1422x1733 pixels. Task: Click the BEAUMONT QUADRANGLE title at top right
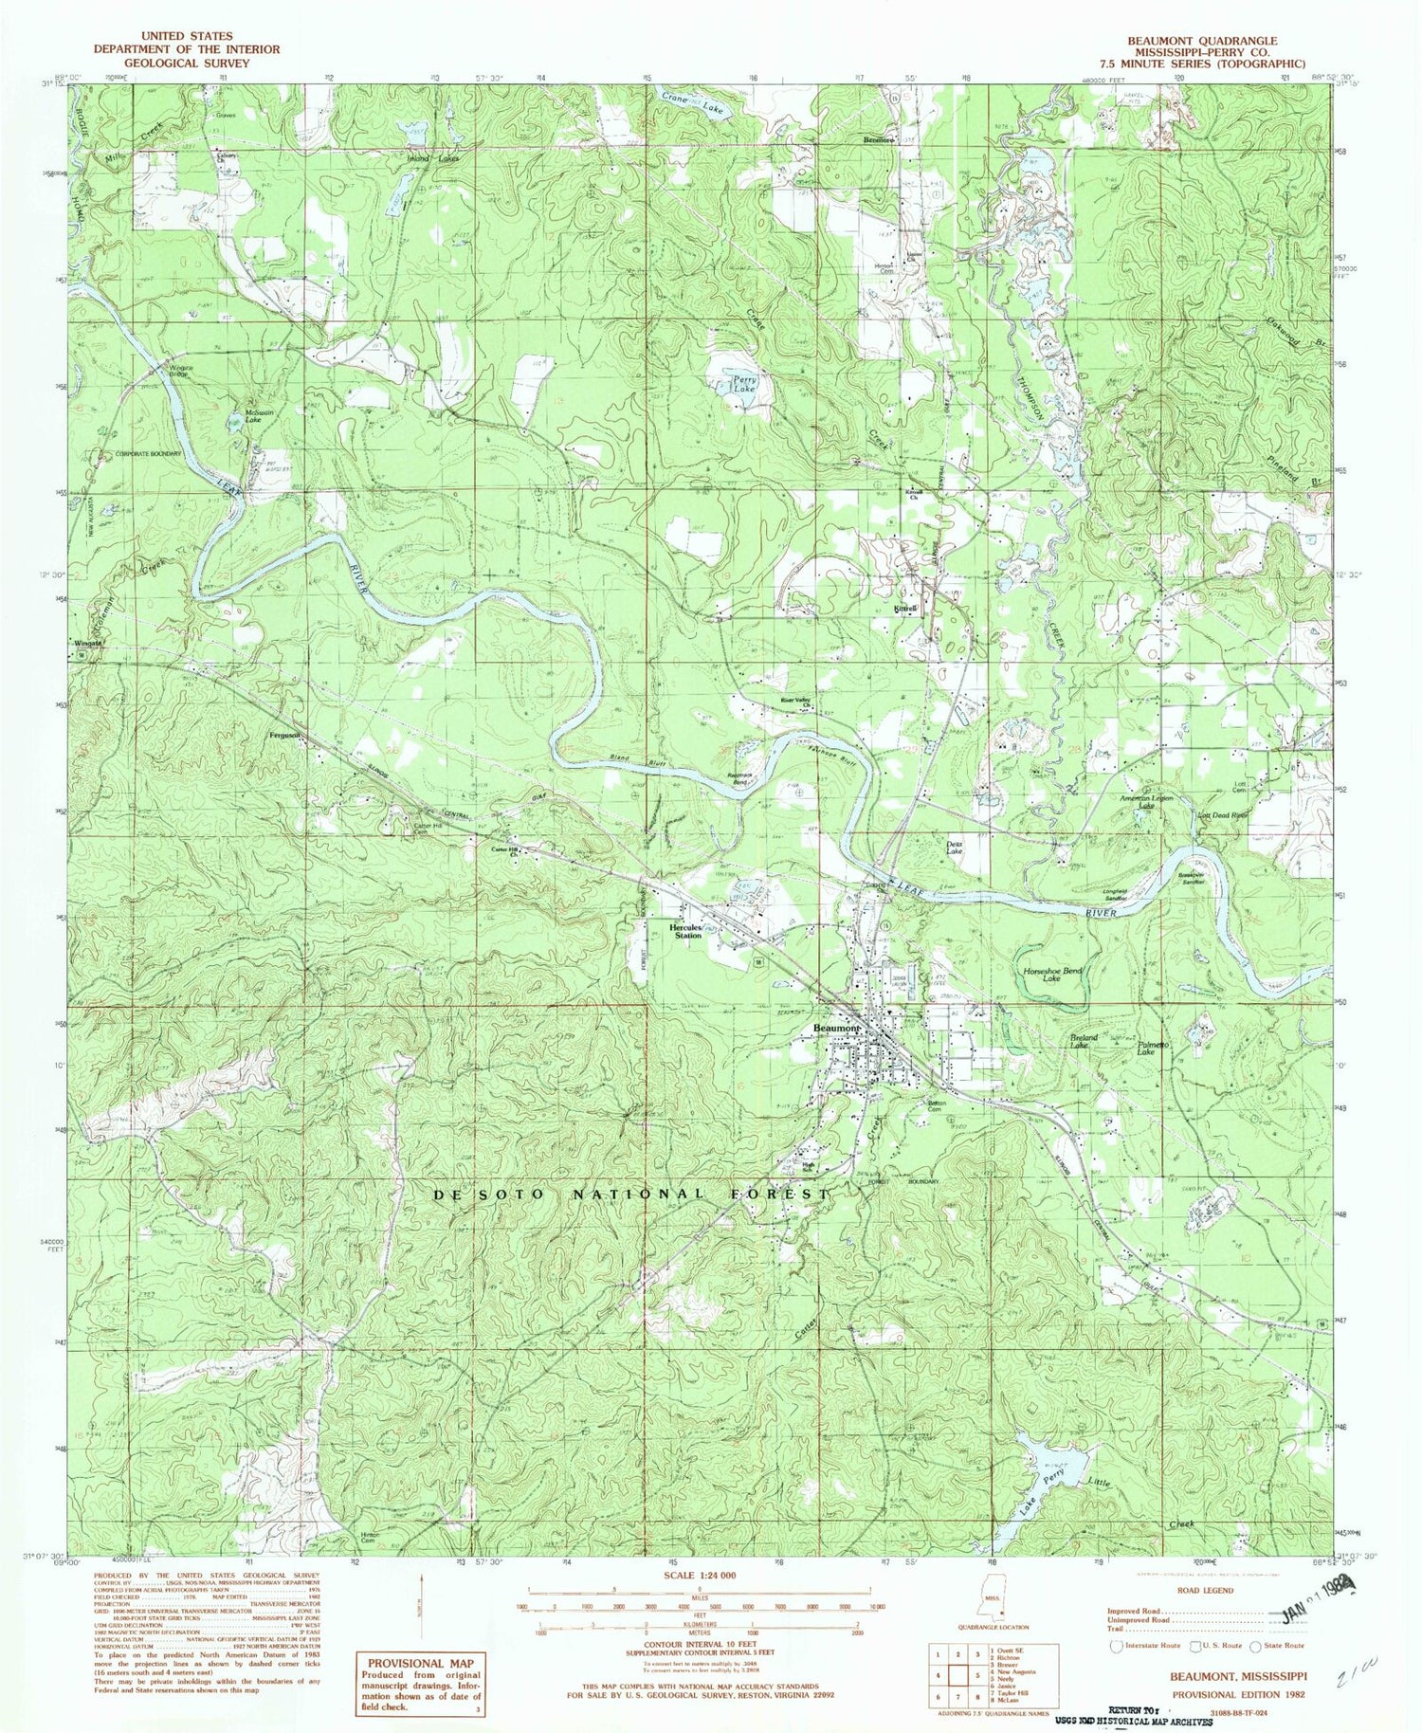tap(1201, 41)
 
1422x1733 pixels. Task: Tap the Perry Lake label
tap(743, 384)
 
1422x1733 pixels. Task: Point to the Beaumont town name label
tap(835, 1028)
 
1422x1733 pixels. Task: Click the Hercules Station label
tap(688, 931)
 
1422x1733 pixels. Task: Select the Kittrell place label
tap(904, 611)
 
